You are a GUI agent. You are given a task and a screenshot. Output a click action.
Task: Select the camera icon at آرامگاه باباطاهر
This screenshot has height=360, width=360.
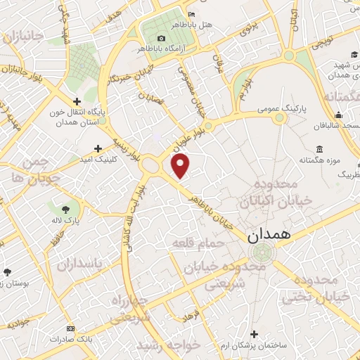[x=161, y=38]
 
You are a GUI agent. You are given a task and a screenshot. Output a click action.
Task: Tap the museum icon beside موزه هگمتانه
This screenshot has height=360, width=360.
[x=320, y=150]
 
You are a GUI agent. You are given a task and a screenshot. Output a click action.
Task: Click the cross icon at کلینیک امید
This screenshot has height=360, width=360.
[x=98, y=148]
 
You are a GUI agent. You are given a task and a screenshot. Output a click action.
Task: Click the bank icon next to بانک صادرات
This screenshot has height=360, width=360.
[x=70, y=328]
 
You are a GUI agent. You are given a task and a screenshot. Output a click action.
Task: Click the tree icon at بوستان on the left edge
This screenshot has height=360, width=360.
[x=7, y=271]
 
